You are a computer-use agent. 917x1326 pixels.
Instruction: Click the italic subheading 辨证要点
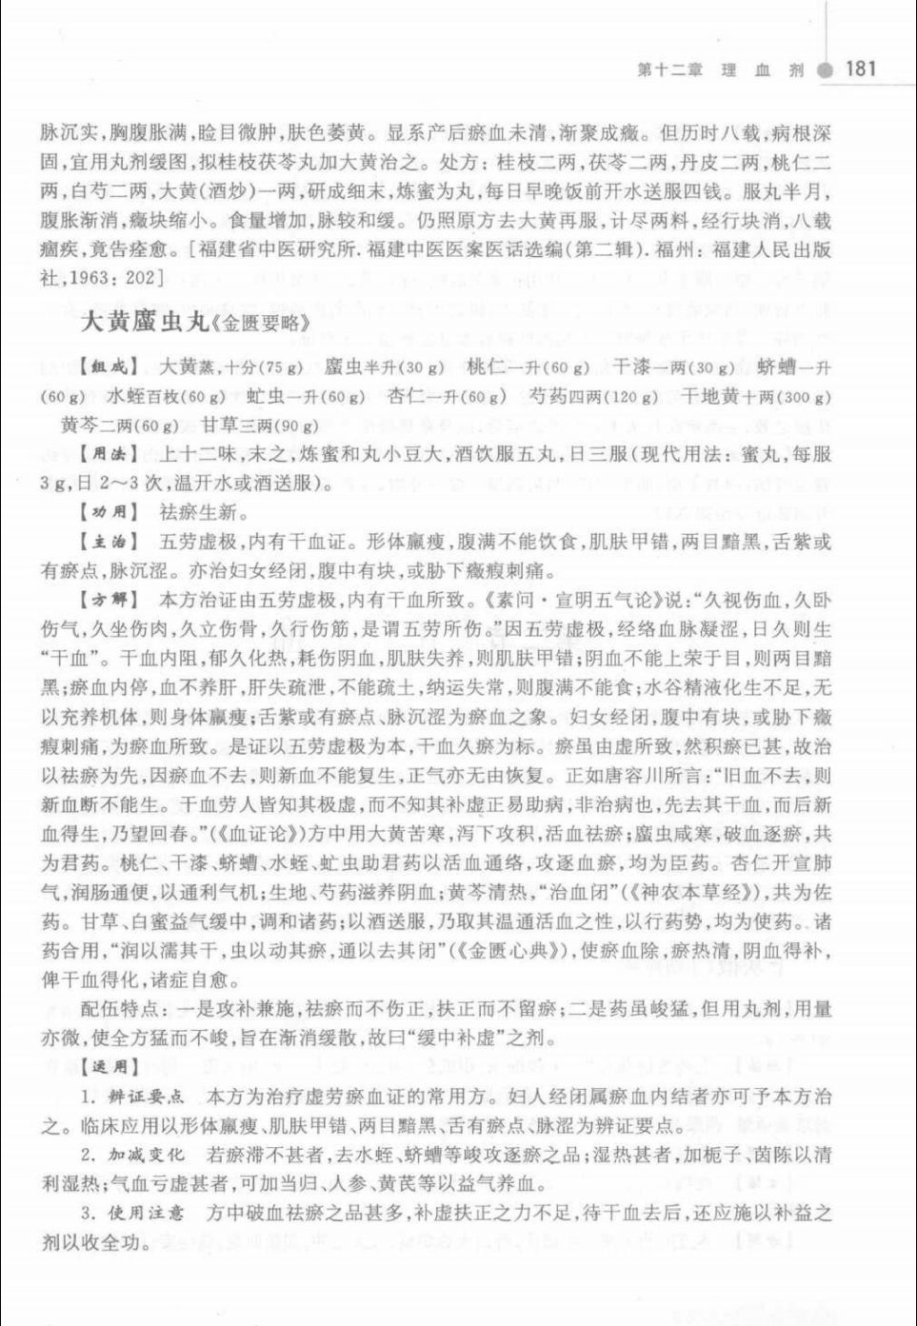tap(153, 1098)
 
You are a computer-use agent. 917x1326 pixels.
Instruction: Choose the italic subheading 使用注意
tap(153, 1214)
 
